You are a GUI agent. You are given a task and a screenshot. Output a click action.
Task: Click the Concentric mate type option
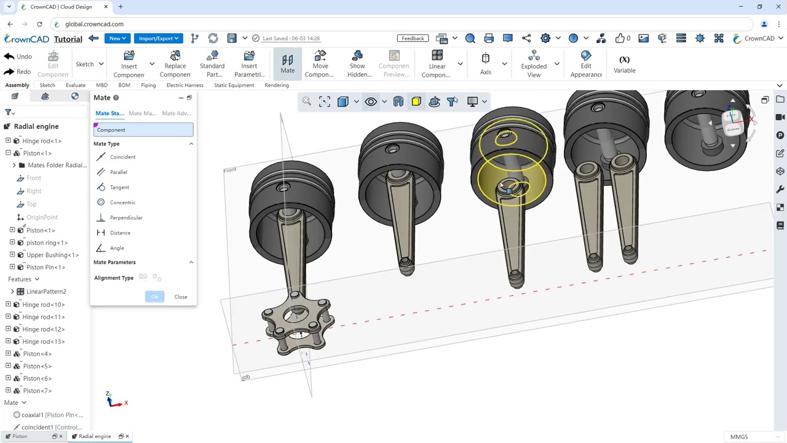tap(122, 202)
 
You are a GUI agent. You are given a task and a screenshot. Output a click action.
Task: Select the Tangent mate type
tap(119, 187)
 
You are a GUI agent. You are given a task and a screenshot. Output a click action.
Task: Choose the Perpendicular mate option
tap(125, 218)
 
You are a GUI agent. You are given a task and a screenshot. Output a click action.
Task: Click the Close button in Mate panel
tap(181, 297)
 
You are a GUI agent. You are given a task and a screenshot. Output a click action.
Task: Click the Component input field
tap(143, 130)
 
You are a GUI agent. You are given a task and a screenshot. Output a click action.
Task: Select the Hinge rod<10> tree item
tap(43, 305)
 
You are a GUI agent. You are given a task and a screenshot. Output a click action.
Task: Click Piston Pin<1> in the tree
tap(45, 267)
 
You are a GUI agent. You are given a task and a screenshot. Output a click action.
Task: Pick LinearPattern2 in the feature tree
tap(46, 292)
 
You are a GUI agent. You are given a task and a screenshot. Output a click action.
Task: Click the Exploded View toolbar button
tap(534, 65)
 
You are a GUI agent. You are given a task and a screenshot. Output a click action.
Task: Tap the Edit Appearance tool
tap(586, 65)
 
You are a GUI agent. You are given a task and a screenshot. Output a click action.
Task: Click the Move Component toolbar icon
tap(319, 65)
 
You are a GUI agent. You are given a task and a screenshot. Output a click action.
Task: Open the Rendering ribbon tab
tap(277, 86)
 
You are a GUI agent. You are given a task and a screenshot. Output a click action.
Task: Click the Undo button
tap(18, 57)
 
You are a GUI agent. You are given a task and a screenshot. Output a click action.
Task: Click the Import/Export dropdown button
tap(158, 38)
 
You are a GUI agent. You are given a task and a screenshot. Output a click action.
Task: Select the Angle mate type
tap(117, 248)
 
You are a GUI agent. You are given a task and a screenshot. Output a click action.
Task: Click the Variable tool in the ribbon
tap(624, 65)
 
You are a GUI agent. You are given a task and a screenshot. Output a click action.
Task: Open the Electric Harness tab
tap(184, 86)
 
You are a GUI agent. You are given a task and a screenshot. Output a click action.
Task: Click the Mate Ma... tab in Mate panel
tap(142, 113)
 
